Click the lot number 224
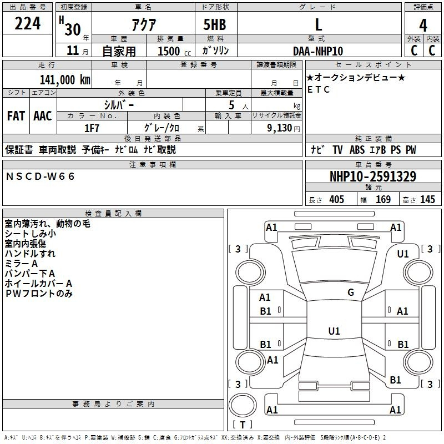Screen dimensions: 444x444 [27, 23]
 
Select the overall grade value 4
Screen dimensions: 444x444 [423, 25]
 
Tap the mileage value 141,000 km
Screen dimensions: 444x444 [65, 80]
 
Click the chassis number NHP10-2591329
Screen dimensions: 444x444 [373, 176]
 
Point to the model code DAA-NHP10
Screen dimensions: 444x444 [318, 51]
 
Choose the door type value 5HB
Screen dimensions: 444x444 [215, 24]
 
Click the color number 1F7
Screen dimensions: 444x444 [92, 128]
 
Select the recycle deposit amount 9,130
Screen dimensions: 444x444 [280, 128]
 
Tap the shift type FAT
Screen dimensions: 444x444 [16, 116]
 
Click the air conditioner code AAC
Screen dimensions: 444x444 [43, 116]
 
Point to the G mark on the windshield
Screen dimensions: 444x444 [351, 292]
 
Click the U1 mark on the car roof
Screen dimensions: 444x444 [334, 331]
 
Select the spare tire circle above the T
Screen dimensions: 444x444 [243, 405]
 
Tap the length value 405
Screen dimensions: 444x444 [337, 199]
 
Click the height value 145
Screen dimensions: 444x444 [427, 199]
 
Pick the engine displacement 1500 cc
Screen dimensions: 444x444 [174, 51]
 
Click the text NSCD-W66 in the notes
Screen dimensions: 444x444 [40, 176]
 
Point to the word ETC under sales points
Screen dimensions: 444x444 [319, 89]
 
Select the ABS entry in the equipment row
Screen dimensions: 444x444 [357, 150]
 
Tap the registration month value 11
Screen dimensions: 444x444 [73, 51]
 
